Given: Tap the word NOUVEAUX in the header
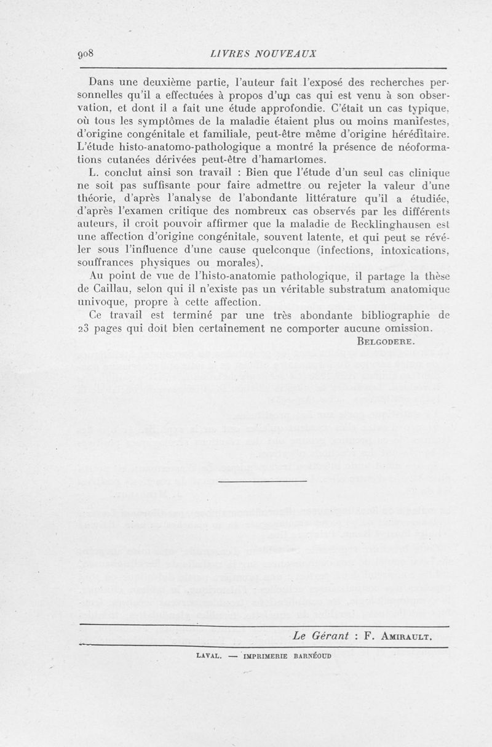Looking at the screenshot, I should point(288,53).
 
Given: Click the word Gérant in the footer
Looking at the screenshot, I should point(336,636).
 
